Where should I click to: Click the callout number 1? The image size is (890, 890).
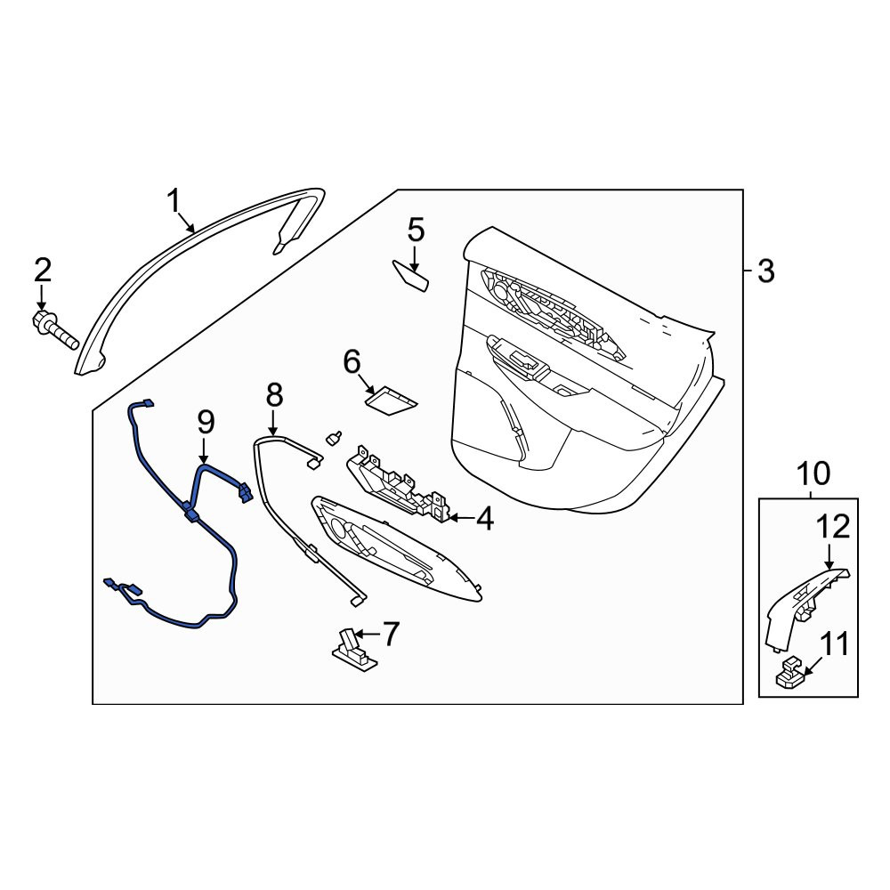click(174, 201)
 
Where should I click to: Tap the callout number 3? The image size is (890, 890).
click(765, 271)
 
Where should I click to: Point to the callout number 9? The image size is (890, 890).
click(206, 423)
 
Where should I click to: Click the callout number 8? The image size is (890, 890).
click(274, 394)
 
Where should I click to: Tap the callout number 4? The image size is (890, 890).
click(485, 519)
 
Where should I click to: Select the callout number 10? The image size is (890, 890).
click(813, 473)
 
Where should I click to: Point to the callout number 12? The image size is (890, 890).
click(833, 527)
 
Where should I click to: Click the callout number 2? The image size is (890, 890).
click(43, 270)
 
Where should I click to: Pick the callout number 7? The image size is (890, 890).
click(392, 634)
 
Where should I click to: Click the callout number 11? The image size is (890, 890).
click(834, 644)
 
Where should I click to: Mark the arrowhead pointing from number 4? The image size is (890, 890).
click(452, 518)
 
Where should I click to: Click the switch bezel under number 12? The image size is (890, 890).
click(806, 606)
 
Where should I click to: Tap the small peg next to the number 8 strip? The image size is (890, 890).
click(334, 438)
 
